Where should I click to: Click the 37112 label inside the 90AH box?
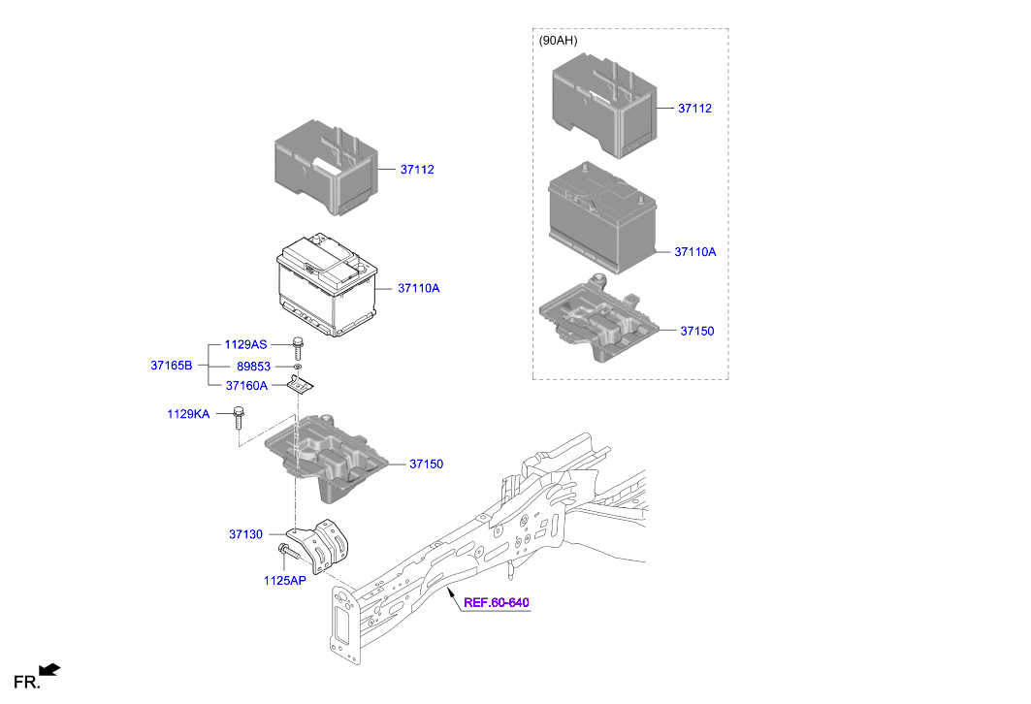[x=695, y=109]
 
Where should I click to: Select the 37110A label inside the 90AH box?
[x=695, y=252]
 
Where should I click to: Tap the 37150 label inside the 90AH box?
[x=696, y=332]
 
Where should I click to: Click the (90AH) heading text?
[x=558, y=41]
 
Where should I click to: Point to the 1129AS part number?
[x=245, y=344]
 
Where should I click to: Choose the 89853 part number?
[x=253, y=367]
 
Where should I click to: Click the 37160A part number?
[x=246, y=385]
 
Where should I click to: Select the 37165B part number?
[x=171, y=366]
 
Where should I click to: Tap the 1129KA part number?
[x=188, y=415]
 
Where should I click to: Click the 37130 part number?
[x=246, y=534]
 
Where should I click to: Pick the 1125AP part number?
[x=284, y=581]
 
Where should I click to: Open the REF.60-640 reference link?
[x=496, y=603]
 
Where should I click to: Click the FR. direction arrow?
[x=50, y=669]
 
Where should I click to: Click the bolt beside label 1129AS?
[x=298, y=346]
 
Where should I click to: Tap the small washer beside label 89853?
[x=298, y=368]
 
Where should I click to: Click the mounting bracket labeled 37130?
[x=326, y=548]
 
